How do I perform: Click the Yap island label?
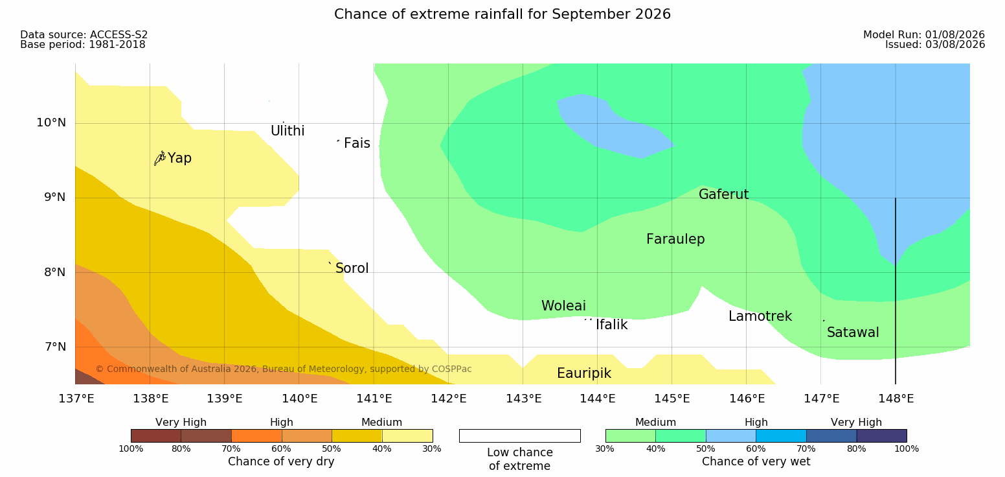click(x=179, y=158)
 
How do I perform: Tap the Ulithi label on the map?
click(x=288, y=131)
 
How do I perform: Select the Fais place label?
click(x=357, y=143)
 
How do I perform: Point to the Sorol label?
click(x=352, y=268)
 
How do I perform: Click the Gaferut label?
click(x=724, y=194)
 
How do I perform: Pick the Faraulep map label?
click(x=675, y=239)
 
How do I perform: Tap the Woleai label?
click(x=563, y=306)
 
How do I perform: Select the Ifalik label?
click(x=611, y=325)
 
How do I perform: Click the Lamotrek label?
click(x=760, y=316)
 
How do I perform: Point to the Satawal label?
click(x=853, y=332)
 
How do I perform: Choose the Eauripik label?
click(x=584, y=373)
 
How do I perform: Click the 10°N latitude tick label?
click(x=51, y=122)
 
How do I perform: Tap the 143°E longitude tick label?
click(x=524, y=399)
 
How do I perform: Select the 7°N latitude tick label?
click(x=55, y=347)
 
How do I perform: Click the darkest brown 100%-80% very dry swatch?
click(x=156, y=436)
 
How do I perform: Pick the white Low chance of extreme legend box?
click(x=520, y=436)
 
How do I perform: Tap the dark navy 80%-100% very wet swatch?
click(x=881, y=436)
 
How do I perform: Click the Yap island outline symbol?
click(x=160, y=159)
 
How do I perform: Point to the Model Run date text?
click(x=924, y=35)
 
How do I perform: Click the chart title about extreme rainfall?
click(x=502, y=14)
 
